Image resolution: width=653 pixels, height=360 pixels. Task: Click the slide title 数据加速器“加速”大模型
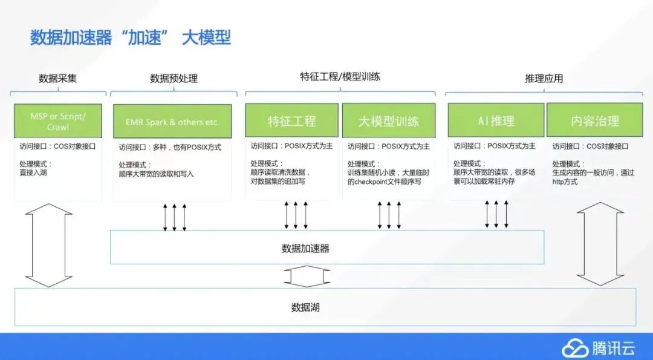[x=131, y=37]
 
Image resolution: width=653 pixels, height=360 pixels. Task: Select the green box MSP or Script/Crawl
[x=58, y=121]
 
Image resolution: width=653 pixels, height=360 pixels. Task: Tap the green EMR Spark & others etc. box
[x=173, y=122]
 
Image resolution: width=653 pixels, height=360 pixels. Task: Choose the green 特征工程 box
[x=292, y=121]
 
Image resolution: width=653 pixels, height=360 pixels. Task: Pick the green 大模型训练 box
[x=389, y=121]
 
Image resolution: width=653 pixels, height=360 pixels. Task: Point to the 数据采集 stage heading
[x=58, y=79]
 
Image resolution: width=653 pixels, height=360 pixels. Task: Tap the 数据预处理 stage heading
[x=174, y=79]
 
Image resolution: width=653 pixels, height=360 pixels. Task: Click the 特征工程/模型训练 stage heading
[x=340, y=77]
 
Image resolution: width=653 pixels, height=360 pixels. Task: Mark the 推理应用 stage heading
[x=544, y=79]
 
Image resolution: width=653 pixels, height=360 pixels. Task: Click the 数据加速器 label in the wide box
[x=305, y=248]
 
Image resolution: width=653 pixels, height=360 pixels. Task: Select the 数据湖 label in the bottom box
[x=305, y=307]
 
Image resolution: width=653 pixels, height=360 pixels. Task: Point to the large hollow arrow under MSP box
[x=50, y=245]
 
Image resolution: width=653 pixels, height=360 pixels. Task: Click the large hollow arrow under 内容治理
[x=600, y=245]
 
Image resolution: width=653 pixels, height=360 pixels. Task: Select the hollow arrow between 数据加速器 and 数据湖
[x=307, y=277]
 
